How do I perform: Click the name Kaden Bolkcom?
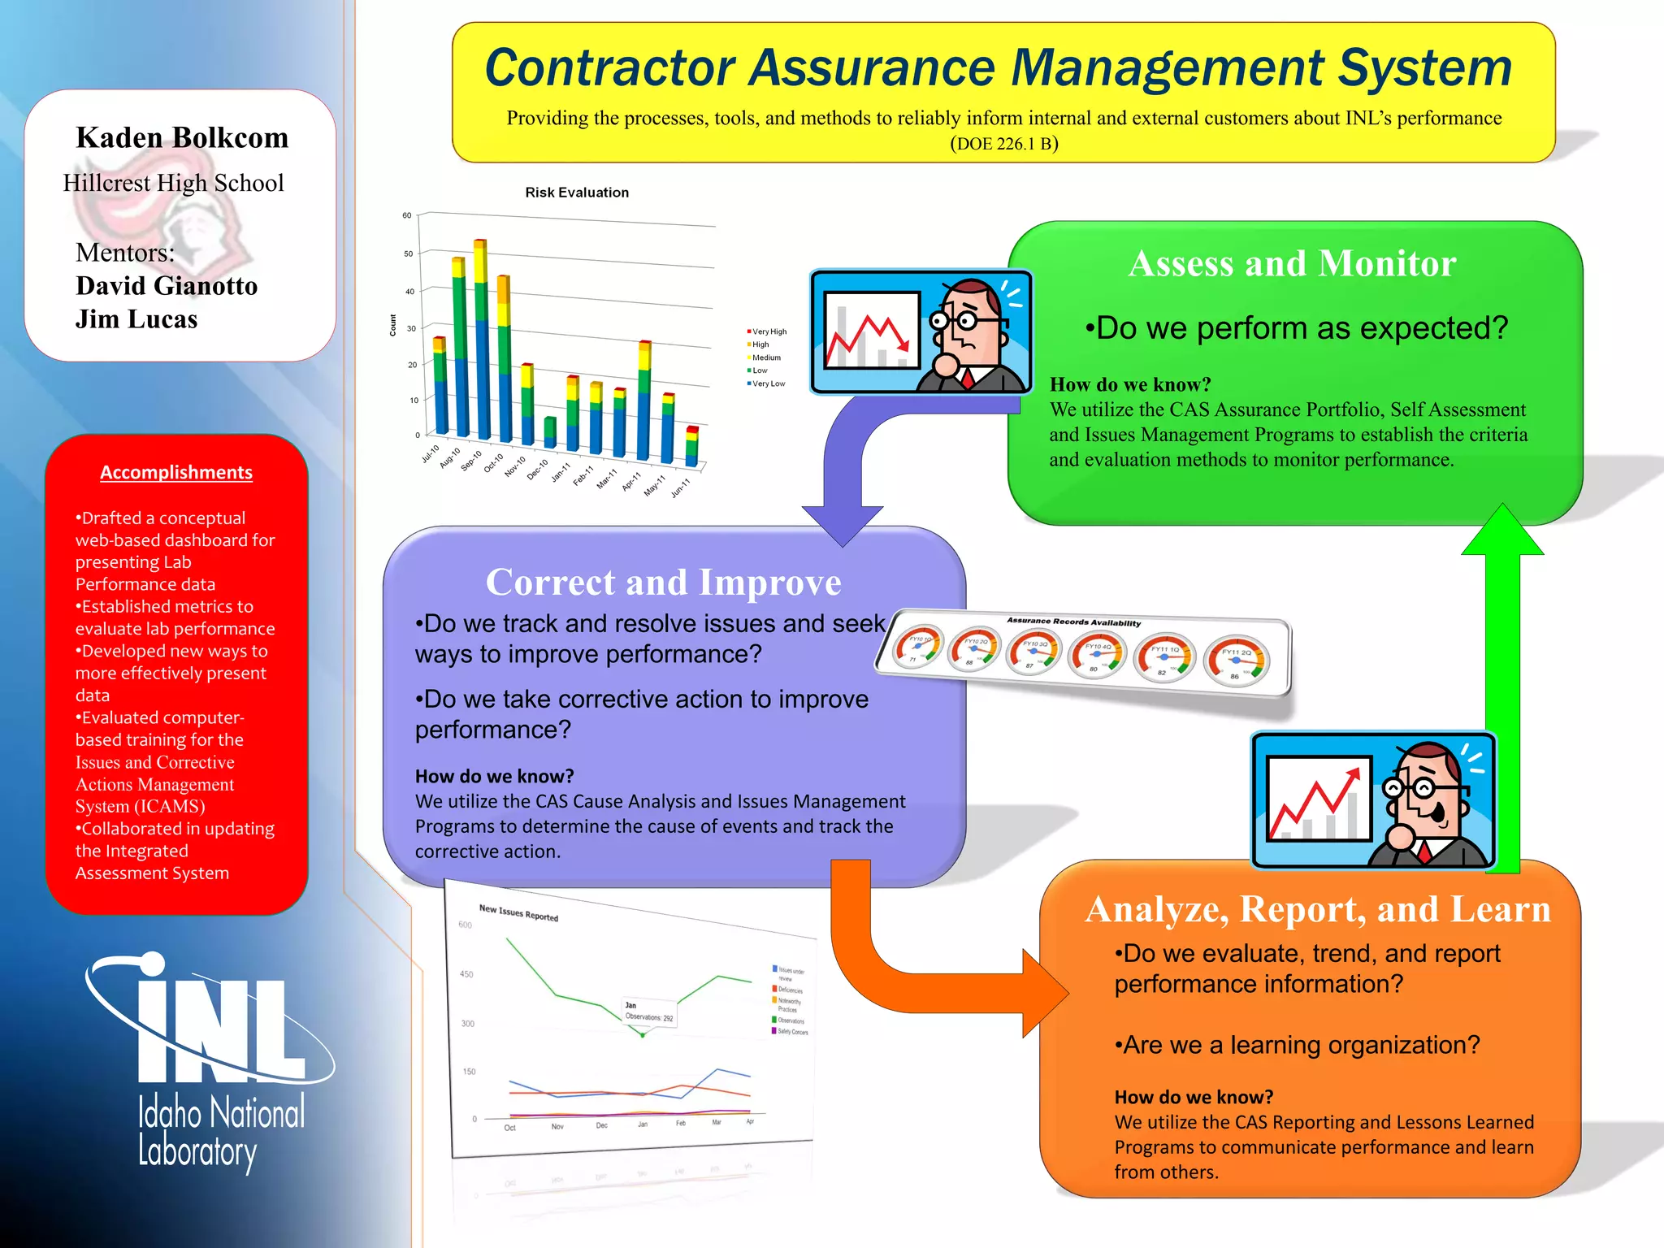click(x=182, y=138)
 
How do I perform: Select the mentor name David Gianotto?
click(x=167, y=286)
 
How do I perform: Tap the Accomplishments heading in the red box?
click(x=176, y=473)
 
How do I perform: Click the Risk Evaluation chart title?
click(x=577, y=193)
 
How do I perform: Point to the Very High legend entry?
click(x=767, y=331)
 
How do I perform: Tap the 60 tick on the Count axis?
click(x=407, y=215)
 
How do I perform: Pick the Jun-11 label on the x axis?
click(x=681, y=487)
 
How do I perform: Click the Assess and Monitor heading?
click(x=1292, y=263)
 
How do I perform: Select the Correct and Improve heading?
click(x=663, y=582)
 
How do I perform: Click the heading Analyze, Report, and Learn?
click(x=1318, y=909)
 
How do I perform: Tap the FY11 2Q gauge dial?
click(x=1237, y=661)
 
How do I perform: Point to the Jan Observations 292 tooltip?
click(x=648, y=1012)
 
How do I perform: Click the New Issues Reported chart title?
click(x=518, y=912)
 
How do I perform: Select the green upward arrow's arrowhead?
click(x=1502, y=532)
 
